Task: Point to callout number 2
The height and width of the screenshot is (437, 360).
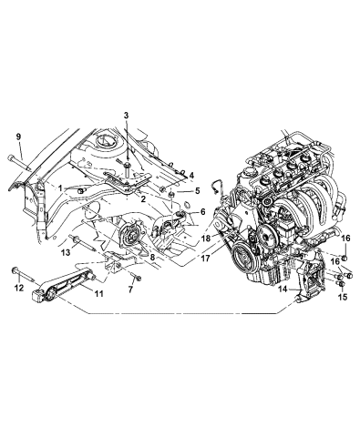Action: click(191, 175)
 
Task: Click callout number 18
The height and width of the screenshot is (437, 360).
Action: click(207, 238)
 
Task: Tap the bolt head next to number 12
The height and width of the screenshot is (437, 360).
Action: click(17, 270)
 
